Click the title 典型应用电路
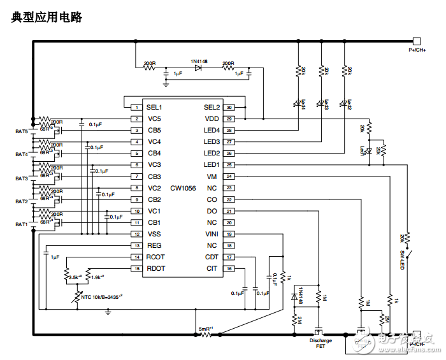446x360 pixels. click(x=47, y=18)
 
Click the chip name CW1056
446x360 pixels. click(x=183, y=188)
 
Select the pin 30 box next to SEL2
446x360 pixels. click(x=229, y=107)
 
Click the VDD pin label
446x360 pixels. click(x=212, y=119)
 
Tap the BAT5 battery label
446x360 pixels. click(x=22, y=131)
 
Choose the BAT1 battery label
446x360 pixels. click(x=22, y=224)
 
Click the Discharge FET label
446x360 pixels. click(x=320, y=343)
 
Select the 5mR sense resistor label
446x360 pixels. click(x=206, y=329)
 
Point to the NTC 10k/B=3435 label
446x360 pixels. click(x=101, y=296)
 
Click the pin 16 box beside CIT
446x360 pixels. click(x=229, y=269)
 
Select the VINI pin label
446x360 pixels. click(x=212, y=234)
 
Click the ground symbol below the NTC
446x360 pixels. click(x=108, y=313)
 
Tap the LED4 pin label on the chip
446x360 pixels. click(x=212, y=130)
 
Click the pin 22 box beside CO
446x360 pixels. click(x=229, y=199)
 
